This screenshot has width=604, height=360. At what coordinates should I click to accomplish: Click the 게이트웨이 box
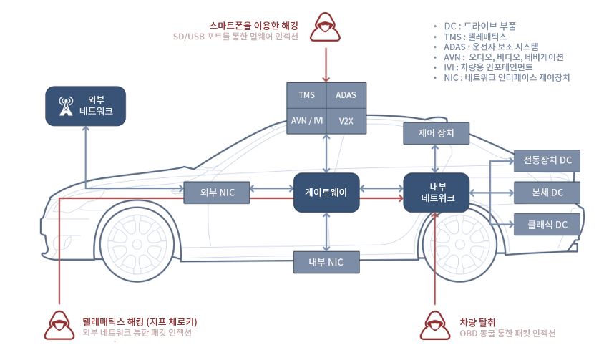click(x=326, y=193)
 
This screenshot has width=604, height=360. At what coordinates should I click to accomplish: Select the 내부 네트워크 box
click(x=437, y=193)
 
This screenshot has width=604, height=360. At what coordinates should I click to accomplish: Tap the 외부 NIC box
click(x=217, y=193)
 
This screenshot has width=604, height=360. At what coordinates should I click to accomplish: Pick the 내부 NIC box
click(x=326, y=262)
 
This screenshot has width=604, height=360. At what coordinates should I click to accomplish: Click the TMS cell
click(x=306, y=95)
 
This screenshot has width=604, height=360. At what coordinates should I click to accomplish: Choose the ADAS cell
click(x=346, y=95)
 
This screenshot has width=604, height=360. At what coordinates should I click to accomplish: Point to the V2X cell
click(x=346, y=121)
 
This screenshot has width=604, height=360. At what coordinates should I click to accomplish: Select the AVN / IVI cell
click(x=306, y=121)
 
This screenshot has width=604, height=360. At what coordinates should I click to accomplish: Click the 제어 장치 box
click(x=436, y=133)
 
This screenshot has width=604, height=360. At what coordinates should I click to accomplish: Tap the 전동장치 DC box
click(x=547, y=161)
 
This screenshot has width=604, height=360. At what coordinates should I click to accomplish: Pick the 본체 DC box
click(x=547, y=193)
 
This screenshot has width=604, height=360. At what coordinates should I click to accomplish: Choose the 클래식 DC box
click(x=547, y=224)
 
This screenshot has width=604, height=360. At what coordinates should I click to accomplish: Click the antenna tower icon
click(x=66, y=106)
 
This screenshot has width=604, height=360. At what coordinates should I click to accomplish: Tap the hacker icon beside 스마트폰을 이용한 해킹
click(x=325, y=26)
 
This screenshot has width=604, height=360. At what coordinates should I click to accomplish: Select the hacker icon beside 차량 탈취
click(x=435, y=326)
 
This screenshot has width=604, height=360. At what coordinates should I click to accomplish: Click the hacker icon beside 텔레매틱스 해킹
click(x=59, y=326)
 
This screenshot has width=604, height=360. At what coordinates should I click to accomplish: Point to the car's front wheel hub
click(x=137, y=244)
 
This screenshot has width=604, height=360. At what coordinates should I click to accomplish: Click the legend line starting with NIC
click(x=507, y=77)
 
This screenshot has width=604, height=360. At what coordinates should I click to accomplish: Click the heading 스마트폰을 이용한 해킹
click(x=254, y=26)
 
